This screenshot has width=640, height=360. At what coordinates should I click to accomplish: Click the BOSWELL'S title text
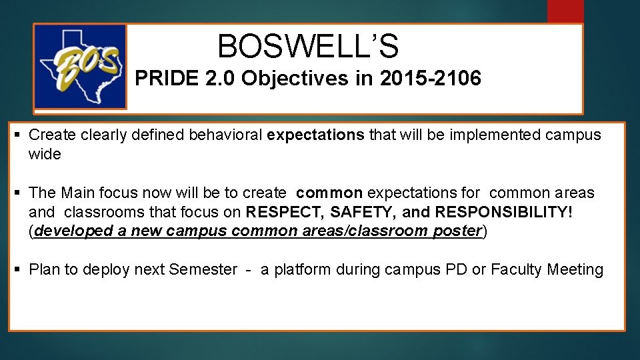tap(308, 47)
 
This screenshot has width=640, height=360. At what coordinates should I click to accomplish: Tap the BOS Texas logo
tap(80, 67)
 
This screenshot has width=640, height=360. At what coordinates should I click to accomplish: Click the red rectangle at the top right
tap(565, 11)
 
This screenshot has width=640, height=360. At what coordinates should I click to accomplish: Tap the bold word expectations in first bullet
tap(315, 135)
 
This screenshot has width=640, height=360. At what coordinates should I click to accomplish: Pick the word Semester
tap(203, 270)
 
